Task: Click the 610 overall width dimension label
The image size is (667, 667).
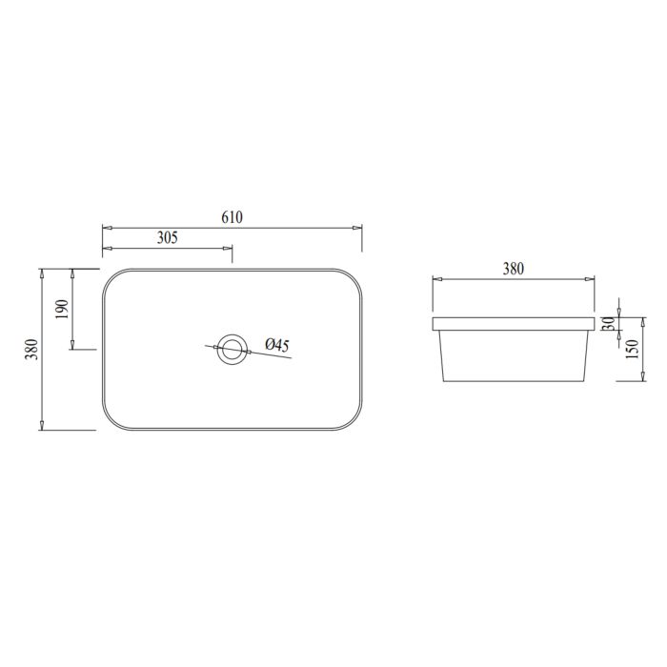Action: [232, 216]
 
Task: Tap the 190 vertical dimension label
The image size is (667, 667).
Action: [62, 310]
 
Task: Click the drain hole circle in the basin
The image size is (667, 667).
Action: [231, 349]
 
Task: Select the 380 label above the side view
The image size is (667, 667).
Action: [513, 269]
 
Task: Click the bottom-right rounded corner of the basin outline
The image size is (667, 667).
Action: [354, 421]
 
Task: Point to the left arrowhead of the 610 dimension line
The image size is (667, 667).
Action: [107, 229]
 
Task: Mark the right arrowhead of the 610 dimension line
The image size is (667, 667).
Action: [357, 229]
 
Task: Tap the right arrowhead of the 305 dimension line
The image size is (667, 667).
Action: [228, 249]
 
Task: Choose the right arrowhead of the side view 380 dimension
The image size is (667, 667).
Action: [590, 280]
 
